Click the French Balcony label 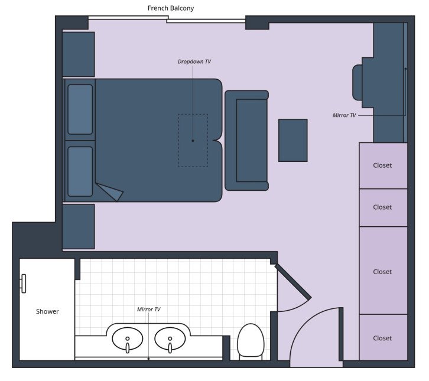click(170, 8)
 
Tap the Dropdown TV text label click(194, 61)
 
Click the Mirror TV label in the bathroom click(148, 310)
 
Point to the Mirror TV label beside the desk click(344, 115)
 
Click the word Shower click(47, 311)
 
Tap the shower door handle click(23, 284)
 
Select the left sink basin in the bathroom click(127, 339)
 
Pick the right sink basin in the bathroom click(170, 339)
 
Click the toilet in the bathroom click(250, 341)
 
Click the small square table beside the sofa click(292, 140)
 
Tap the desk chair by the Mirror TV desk click(357, 83)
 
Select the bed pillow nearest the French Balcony click(80, 109)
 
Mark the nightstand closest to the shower click(79, 226)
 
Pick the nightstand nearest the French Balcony click(79, 54)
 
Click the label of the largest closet click(382, 272)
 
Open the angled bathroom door click(293, 283)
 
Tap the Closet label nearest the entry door click(382, 338)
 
